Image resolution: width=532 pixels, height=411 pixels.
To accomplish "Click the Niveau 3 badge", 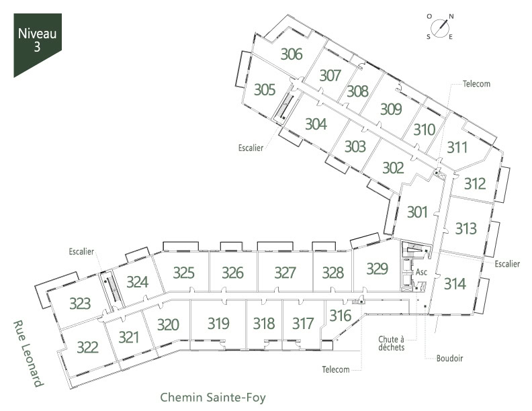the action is click(x=38, y=45).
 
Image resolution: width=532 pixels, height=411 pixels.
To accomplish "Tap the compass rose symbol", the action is click(x=440, y=26).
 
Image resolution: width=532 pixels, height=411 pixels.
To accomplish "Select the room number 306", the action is click(x=292, y=54).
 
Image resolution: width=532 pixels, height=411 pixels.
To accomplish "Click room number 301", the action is click(x=417, y=212).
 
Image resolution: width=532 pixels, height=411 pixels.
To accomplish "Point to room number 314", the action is click(x=455, y=283).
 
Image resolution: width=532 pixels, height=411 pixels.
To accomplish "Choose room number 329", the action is click(x=377, y=269).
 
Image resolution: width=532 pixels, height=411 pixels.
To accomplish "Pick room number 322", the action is click(x=87, y=347).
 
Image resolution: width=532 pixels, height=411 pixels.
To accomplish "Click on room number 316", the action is click(x=341, y=316).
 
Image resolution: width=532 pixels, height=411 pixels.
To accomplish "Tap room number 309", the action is click(x=391, y=109).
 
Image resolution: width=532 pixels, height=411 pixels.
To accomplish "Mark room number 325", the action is click(x=183, y=273).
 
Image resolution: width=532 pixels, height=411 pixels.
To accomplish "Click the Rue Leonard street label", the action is click(x=28, y=354).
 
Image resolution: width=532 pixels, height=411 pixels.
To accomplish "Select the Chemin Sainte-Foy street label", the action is click(x=213, y=397).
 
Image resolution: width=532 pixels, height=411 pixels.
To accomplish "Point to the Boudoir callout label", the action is click(x=449, y=358).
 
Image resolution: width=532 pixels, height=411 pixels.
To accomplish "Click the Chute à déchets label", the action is click(x=391, y=343).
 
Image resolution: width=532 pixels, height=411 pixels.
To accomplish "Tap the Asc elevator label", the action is click(x=421, y=272).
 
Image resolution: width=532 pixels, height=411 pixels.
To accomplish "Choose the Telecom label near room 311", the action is click(x=476, y=84).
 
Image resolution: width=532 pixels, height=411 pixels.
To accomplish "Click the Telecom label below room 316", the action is click(x=336, y=369).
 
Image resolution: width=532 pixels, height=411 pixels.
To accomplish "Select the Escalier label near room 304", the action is click(x=251, y=148).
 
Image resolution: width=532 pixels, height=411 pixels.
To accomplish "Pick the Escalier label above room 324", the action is click(x=81, y=251).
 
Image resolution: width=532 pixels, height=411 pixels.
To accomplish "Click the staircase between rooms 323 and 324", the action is click(x=111, y=291).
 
